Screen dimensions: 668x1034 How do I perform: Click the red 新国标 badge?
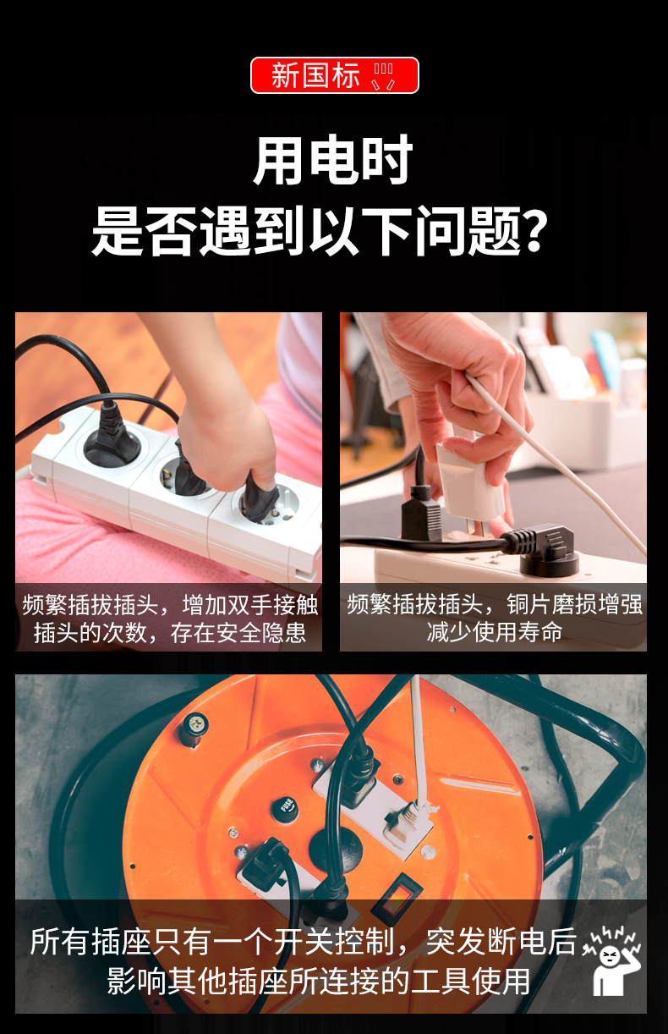click(335, 75)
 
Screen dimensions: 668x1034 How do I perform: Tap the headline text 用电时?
click(332, 160)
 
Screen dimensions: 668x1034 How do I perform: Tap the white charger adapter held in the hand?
click(468, 480)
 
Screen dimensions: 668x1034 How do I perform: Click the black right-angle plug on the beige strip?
click(545, 547)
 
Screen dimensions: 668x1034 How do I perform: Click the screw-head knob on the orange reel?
click(194, 729)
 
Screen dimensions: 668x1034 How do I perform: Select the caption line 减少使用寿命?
click(494, 632)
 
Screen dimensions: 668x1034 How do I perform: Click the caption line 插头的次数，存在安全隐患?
click(170, 632)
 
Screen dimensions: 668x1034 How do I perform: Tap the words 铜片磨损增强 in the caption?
click(574, 604)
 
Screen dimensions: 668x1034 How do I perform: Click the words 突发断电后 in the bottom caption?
click(501, 942)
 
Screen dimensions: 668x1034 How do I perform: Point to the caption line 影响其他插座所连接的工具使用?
click(318, 981)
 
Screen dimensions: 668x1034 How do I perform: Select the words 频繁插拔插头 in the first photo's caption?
click(90, 605)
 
